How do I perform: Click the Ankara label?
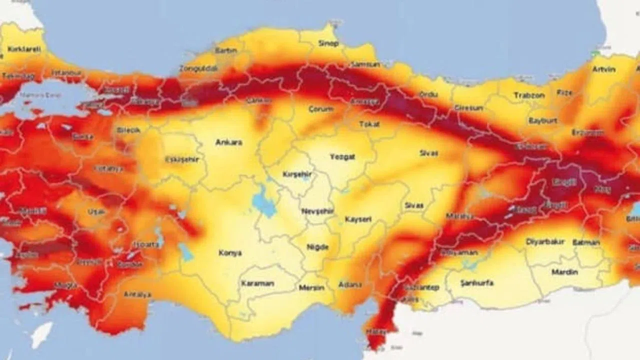point(228,142)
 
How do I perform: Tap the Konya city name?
point(230,253)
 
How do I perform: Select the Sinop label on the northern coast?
point(328,43)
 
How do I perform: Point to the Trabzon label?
point(528,95)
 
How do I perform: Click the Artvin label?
point(603,69)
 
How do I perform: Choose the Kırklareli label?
point(23,49)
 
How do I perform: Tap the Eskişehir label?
point(182,159)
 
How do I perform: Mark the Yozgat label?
point(342,157)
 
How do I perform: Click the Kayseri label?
point(358,219)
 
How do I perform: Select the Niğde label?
point(318,247)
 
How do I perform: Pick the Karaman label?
point(257,283)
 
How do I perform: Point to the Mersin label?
point(311,287)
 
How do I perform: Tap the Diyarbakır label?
point(545,241)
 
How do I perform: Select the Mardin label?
point(564,272)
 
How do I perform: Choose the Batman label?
point(585,242)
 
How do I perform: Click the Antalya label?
point(137,294)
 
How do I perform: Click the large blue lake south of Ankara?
point(263,201)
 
